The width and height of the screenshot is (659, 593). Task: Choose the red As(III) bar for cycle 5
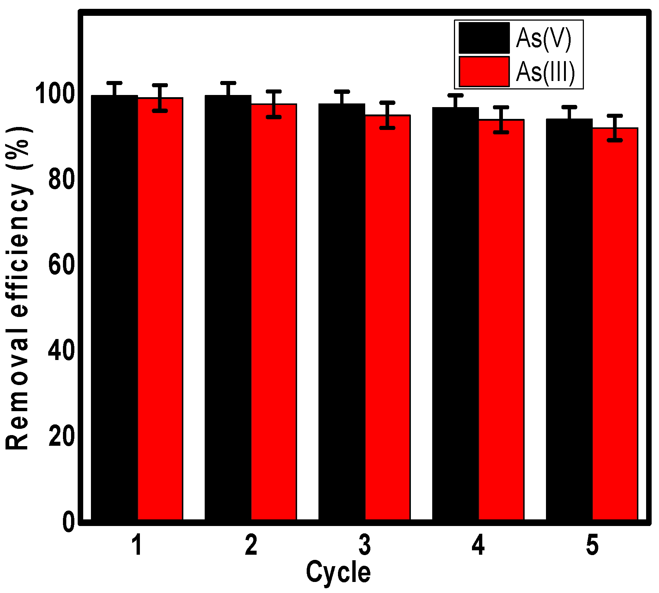coord(615,324)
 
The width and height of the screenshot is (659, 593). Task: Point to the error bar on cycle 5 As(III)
coord(615,128)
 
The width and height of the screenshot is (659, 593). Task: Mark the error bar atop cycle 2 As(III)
coord(274,104)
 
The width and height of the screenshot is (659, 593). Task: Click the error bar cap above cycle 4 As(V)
coord(455,95)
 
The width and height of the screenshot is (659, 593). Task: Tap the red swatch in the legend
coord(484,72)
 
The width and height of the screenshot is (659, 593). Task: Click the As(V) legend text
coord(543,38)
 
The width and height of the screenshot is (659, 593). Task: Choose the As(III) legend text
coord(545,72)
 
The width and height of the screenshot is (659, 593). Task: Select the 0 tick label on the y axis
coord(68,522)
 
